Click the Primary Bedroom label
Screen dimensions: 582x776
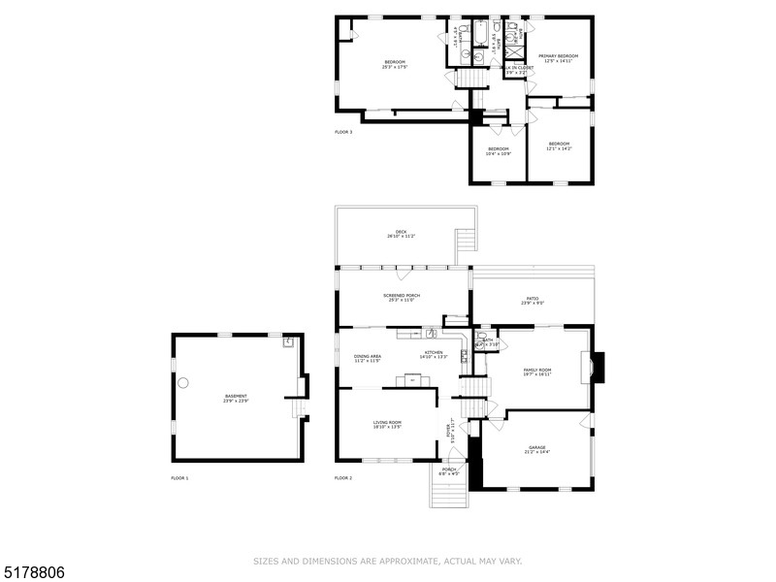click(x=558, y=56)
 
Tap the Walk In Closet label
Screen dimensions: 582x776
click(x=516, y=68)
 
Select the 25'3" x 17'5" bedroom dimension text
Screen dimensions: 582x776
click(x=394, y=68)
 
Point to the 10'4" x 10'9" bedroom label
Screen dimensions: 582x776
click(x=499, y=153)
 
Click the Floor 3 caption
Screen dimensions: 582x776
click(x=343, y=132)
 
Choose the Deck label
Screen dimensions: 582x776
click(x=401, y=232)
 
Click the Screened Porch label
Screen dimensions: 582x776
click(x=401, y=296)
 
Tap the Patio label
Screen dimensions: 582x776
click(x=533, y=299)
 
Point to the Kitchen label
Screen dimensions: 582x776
click(x=432, y=352)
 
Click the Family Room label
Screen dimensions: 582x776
click(x=537, y=370)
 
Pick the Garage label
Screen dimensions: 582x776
click(x=537, y=447)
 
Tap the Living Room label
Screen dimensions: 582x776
click(x=388, y=422)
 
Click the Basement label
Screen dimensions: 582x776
click(x=236, y=395)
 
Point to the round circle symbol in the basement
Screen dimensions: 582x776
click(x=182, y=383)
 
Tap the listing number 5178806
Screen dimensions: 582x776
click(x=33, y=572)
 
